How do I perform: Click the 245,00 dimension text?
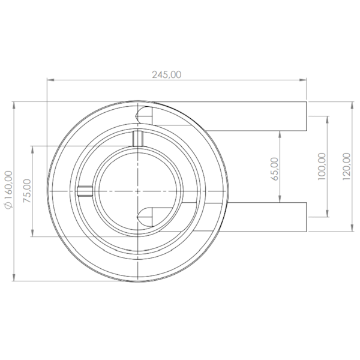(166, 74)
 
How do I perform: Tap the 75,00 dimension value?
(26, 191)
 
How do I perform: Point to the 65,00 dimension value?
(274, 169)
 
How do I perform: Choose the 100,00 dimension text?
(322, 166)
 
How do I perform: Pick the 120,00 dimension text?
(346, 164)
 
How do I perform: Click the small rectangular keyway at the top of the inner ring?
(137, 138)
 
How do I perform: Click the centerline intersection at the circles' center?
(137, 191)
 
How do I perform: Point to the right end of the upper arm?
(307, 116)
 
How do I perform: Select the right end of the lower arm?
(307, 217)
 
